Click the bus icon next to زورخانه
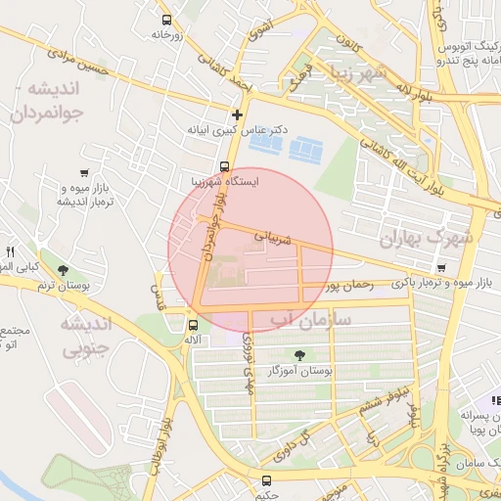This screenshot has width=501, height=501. tap(165, 20)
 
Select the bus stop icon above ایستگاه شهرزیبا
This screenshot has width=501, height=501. tap(225, 166)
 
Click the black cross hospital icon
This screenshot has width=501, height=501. tap(236, 114)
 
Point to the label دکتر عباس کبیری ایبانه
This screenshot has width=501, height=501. tap(240, 129)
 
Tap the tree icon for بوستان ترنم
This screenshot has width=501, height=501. tap(64, 270)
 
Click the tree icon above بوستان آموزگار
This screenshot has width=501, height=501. tap(298, 355)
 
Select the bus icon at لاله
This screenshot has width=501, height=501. tap(193, 325)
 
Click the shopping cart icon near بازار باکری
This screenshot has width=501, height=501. tap(442, 268)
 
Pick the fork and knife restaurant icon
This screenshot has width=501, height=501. tap(11, 250)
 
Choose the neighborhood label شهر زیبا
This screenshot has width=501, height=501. tap(363, 74)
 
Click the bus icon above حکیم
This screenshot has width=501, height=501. tap(266, 479)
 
